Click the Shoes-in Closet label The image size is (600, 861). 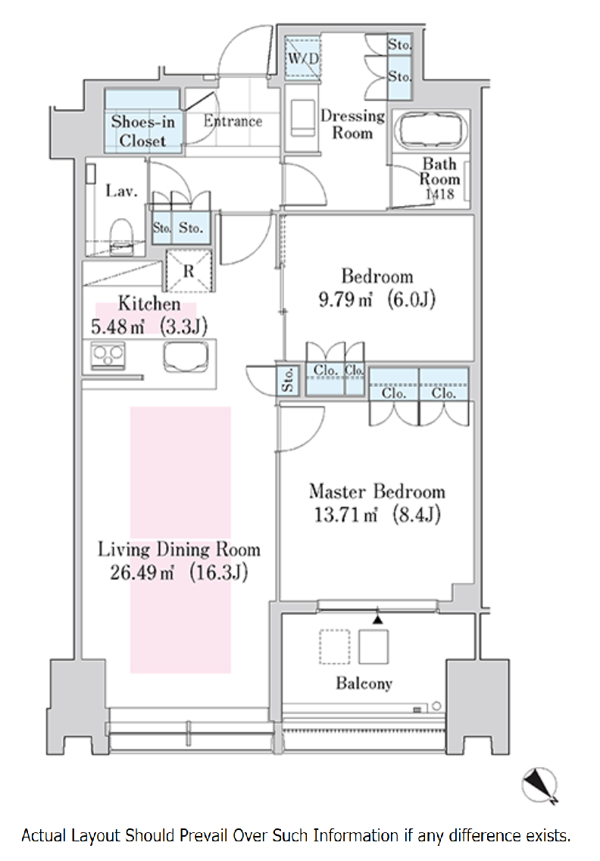point(142,131)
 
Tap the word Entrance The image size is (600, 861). point(233,121)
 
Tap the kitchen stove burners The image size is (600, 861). point(108,356)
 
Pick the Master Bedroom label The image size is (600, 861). point(377,491)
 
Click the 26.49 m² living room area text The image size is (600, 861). point(142,572)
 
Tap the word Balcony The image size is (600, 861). point(364,683)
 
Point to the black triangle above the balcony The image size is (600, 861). point(377,619)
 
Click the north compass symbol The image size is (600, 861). point(539,784)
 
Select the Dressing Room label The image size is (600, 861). point(352,124)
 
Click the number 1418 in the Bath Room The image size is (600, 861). point(439,195)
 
